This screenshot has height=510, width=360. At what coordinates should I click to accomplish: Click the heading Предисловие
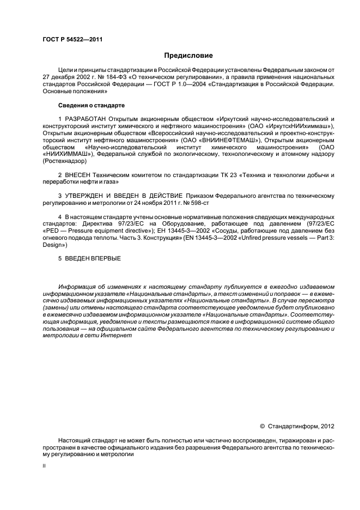[188, 56]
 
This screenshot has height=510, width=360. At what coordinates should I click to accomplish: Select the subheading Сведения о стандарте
[91, 104]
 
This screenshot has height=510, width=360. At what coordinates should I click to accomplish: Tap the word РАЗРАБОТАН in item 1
[87, 119]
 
